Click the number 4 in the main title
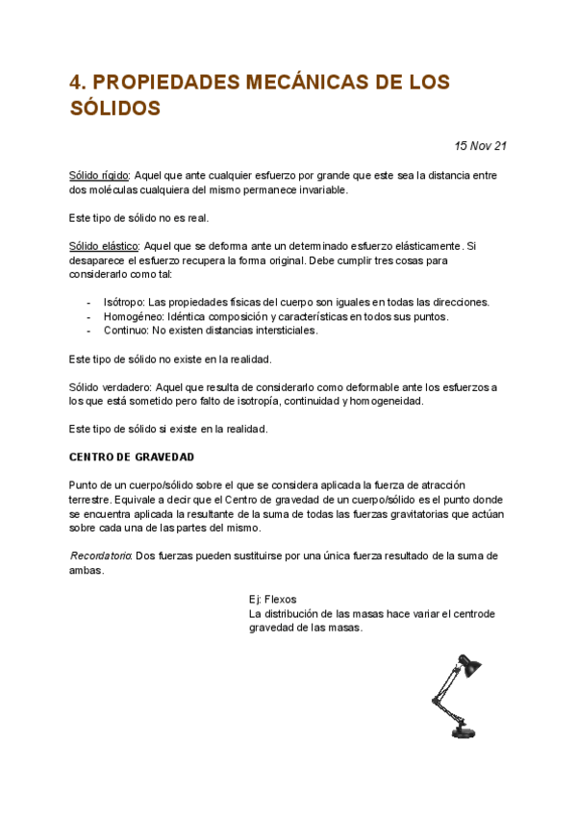pyautogui.click(x=77, y=83)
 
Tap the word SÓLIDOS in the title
pyautogui.click(x=114, y=109)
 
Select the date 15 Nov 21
pyautogui.click(x=480, y=146)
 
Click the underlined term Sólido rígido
pyautogui.click(x=99, y=175)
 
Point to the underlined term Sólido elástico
pyautogui.click(x=104, y=246)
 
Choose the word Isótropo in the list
pyautogui.click(x=124, y=302)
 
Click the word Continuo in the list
pyautogui.click(x=125, y=331)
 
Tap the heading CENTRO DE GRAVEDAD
pyautogui.click(x=132, y=457)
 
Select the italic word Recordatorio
pyautogui.click(x=101, y=556)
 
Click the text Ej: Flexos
pyautogui.click(x=272, y=599)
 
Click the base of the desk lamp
pyautogui.click(x=463, y=732)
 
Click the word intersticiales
pyautogui.click(x=284, y=331)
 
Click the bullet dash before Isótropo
pyautogui.click(x=89, y=302)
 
